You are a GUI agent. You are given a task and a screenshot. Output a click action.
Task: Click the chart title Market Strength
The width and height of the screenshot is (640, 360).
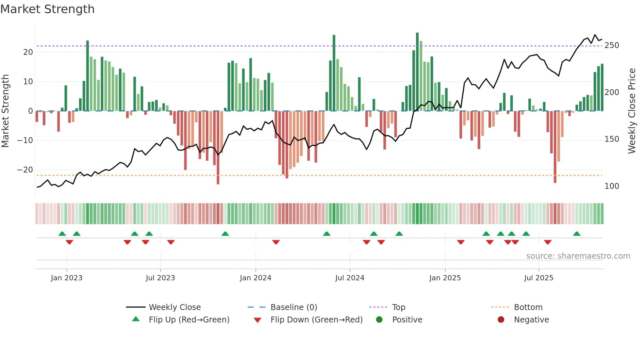(x=47, y=9)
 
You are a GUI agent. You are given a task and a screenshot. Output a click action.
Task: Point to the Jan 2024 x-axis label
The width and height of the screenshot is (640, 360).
(x=255, y=278)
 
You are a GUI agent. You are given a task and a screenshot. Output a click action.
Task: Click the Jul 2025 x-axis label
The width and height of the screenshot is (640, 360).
(x=538, y=278)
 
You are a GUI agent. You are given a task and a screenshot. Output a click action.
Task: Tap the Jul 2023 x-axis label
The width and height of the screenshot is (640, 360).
(x=160, y=278)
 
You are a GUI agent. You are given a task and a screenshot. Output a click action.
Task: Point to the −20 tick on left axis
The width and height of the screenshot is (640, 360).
(x=25, y=170)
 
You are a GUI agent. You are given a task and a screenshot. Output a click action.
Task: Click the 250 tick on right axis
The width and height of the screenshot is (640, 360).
(x=612, y=45)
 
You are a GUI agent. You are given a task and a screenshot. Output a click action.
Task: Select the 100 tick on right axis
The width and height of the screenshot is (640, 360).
(x=612, y=186)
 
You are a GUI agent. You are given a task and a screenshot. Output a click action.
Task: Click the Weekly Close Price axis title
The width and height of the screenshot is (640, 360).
(x=632, y=111)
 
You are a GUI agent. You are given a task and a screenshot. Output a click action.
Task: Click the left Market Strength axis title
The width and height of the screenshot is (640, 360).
(x=5, y=111)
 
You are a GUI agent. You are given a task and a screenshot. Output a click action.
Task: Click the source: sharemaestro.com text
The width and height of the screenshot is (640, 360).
(x=578, y=256)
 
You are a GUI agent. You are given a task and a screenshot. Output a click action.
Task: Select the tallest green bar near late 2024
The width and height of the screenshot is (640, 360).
(x=417, y=72)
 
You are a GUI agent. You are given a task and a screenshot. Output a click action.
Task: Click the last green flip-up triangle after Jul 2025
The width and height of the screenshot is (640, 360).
(x=577, y=234)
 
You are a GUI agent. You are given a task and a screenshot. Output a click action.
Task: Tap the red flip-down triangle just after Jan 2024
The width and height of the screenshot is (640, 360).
(x=276, y=242)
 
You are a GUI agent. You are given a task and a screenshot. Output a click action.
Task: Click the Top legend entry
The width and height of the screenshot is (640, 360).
(x=398, y=307)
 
